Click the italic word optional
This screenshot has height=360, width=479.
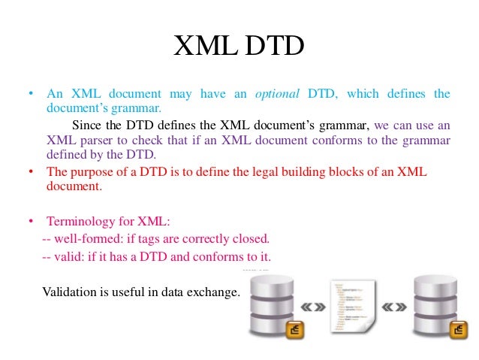click(x=277, y=94)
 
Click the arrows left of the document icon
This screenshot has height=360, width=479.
click(x=312, y=307)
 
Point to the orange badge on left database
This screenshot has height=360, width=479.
click(x=295, y=329)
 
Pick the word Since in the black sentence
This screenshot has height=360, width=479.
click(x=86, y=125)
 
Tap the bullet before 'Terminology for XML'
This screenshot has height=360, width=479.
click(x=31, y=222)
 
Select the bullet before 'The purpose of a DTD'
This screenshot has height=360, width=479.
click(x=31, y=172)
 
